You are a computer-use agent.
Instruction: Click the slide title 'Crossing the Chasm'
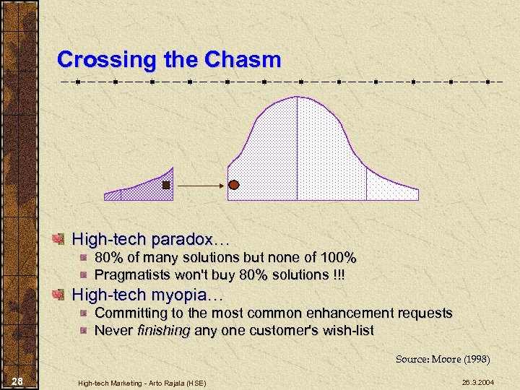(x=168, y=59)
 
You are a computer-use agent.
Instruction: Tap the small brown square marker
(x=166, y=186)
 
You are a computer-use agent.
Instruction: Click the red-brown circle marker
(x=233, y=186)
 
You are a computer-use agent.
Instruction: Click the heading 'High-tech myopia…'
(x=148, y=295)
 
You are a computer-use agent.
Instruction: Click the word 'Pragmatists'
(x=131, y=274)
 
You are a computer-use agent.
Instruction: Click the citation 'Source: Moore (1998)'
(x=442, y=359)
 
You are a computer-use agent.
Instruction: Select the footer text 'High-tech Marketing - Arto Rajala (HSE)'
(x=143, y=382)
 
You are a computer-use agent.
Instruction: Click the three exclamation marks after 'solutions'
(x=339, y=274)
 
